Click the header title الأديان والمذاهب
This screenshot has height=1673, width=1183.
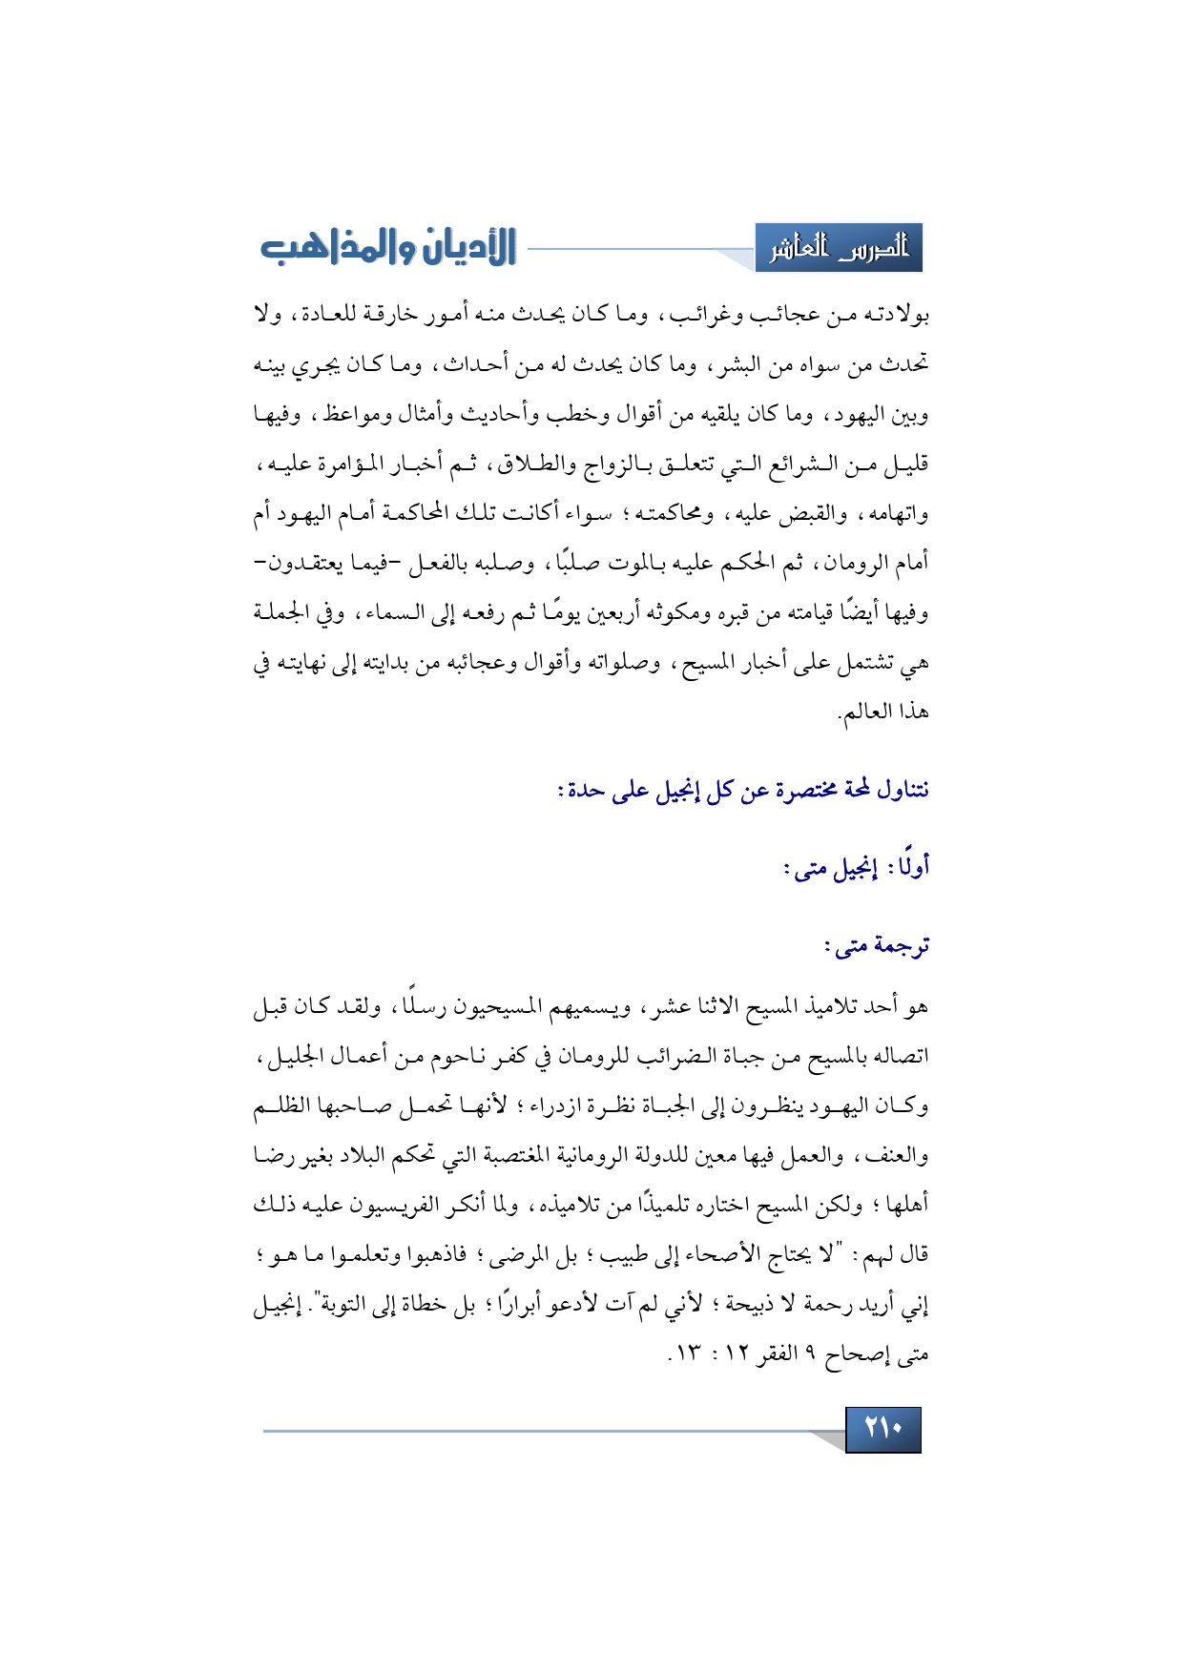point(388,247)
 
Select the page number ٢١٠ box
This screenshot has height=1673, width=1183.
point(882,1429)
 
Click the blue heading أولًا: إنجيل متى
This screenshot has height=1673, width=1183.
point(855,868)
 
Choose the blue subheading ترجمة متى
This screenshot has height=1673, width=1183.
point(876,946)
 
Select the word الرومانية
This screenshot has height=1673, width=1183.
point(577,1156)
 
